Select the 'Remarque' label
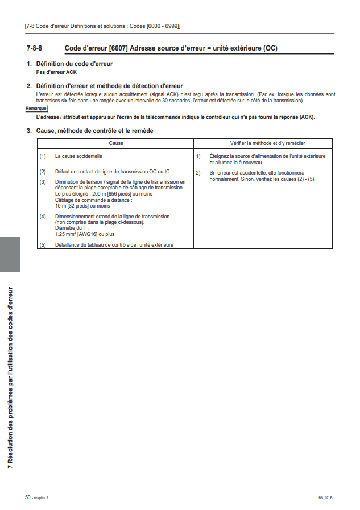pos(36,108)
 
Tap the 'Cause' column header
pos(116,143)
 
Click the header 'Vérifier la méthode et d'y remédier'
pos(263,143)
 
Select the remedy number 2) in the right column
pos(198,172)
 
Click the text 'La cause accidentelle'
pos(78,156)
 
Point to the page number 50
pos(27,497)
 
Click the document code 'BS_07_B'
pos(325,498)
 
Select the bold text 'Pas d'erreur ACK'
pos(56,72)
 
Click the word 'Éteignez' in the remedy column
pos(220,156)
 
